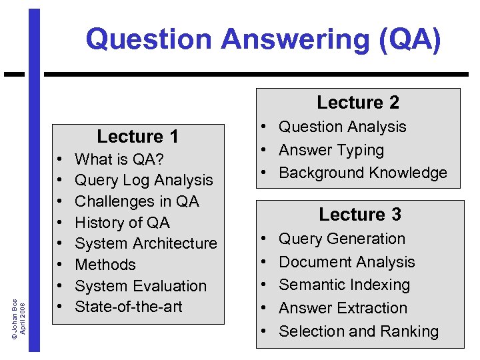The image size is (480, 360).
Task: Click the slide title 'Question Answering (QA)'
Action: tap(263, 39)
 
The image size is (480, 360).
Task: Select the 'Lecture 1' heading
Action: tap(137, 137)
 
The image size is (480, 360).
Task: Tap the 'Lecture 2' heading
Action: tap(358, 102)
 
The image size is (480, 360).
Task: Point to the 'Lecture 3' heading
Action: tap(360, 214)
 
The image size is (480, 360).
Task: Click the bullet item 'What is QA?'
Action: tap(120, 159)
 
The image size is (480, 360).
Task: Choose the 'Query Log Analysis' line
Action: tap(144, 180)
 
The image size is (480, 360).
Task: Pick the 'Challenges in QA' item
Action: tap(137, 201)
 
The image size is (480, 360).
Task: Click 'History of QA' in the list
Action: tap(123, 223)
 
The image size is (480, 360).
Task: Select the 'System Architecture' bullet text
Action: tap(146, 243)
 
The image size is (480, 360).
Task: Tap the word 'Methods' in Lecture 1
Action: tap(105, 265)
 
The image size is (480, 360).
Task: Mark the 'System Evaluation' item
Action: tap(141, 286)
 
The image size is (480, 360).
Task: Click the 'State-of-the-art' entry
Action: tap(129, 307)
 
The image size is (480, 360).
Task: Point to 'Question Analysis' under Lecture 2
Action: tap(343, 127)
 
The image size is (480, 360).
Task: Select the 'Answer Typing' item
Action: tap(331, 150)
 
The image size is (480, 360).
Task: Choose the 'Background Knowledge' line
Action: tap(363, 173)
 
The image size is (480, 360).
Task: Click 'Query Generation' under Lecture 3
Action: tap(342, 239)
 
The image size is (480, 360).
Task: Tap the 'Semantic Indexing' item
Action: tap(344, 285)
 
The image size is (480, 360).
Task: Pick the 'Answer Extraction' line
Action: tap(343, 308)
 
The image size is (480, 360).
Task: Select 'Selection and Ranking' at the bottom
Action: tap(359, 331)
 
